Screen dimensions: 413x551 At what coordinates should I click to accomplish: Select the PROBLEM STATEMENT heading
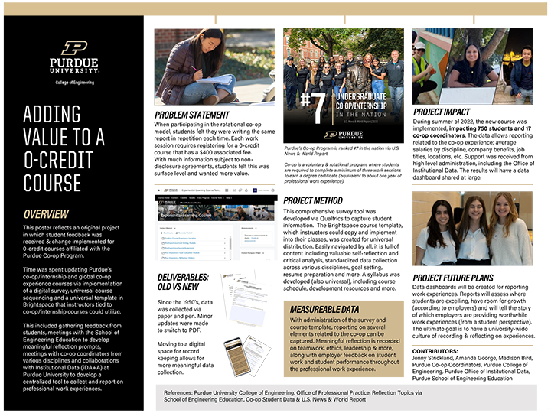point(191,115)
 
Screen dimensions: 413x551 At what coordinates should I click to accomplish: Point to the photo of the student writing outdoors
point(214,67)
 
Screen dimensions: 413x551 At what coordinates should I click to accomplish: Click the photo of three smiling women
point(472,229)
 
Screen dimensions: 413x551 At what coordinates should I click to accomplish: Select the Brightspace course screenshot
point(215,233)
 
